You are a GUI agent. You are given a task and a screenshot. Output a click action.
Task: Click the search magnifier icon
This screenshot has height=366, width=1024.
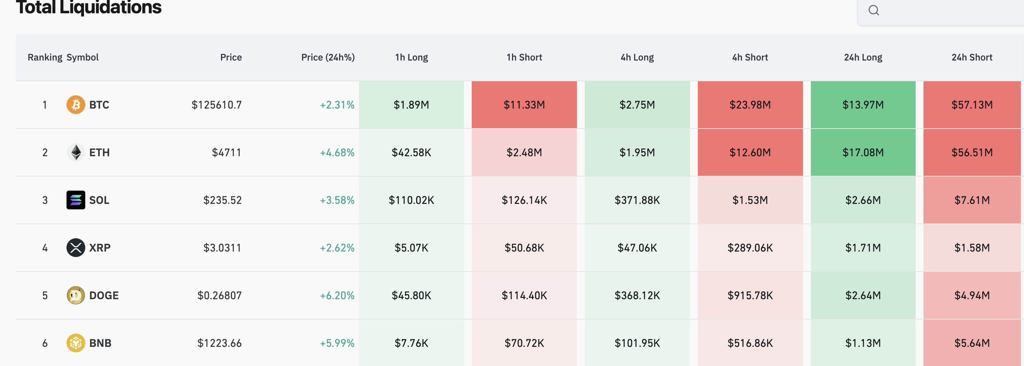[873, 10]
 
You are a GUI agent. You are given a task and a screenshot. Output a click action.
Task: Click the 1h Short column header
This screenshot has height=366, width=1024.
[524, 57]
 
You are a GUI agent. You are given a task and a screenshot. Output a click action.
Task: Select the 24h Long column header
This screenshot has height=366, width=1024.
[862, 57]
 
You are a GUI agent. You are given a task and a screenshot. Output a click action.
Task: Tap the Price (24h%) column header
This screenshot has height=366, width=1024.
[327, 57]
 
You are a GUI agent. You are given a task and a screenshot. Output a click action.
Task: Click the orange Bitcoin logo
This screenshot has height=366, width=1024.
[75, 105]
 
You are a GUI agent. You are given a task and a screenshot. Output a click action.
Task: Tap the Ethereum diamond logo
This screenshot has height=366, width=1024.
[75, 152]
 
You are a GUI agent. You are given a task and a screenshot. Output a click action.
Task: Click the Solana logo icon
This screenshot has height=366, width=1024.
[75, 200]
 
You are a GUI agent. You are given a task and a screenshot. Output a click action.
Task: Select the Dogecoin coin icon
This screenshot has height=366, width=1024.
[75, 295]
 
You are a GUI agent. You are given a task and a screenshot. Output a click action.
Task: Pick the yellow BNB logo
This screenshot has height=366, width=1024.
[75, 343]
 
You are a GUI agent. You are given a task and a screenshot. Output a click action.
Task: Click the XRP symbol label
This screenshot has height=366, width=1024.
[100, 248]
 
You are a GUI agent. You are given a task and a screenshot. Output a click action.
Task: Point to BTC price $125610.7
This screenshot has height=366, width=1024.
[216, 105]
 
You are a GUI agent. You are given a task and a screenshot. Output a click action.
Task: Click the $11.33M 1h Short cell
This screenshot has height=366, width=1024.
[524, 105]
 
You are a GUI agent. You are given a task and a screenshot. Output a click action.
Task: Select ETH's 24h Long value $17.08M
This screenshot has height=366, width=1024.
[862, 152]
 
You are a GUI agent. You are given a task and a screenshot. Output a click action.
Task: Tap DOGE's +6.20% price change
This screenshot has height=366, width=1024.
[337, 295]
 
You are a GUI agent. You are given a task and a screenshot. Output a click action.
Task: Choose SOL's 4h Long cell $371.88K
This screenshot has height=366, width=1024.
[637, 200]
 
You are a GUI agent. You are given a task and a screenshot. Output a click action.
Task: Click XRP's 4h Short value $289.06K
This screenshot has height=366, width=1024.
[750, 248]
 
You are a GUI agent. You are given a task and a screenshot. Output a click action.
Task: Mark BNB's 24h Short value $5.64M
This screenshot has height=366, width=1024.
[972, 343]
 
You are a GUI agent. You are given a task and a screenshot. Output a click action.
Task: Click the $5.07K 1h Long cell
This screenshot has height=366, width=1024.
[411, 248]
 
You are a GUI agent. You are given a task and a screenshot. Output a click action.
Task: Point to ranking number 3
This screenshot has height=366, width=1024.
[45, 200]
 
